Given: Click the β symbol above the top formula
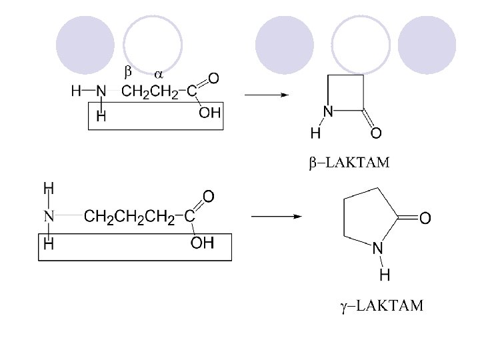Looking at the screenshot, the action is pos(129,70).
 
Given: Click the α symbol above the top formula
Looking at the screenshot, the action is pos(159,72).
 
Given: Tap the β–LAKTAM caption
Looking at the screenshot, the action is pos(349,163).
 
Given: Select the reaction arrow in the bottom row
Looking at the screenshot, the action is pos(275,217).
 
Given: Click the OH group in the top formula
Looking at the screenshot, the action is pos(209,113).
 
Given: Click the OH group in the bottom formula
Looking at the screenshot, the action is pos(203,243).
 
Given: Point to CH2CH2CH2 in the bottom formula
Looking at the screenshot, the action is pos(131,217).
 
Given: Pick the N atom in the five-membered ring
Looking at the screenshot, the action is pos(377,249).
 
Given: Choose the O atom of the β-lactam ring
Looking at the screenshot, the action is pos(376,134).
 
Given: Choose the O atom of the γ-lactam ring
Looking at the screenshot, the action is pos(425,218).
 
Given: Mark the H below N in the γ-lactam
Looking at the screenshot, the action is pos(385,274).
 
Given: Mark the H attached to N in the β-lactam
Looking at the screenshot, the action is pos(315,133).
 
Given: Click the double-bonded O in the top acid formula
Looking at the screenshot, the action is pos(213,79).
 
